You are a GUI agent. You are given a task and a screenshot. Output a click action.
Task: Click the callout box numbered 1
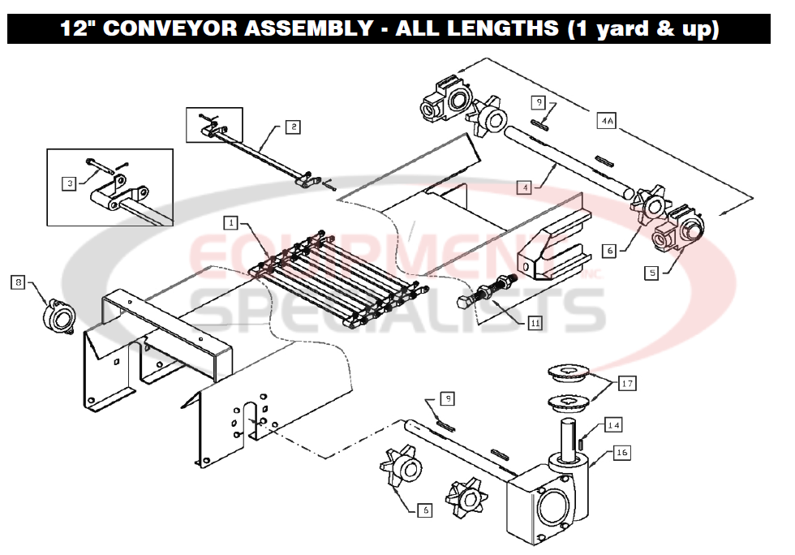pos(231,222)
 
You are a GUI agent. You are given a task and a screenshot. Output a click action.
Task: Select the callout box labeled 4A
pos(606,121)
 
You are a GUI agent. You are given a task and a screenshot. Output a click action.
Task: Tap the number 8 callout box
pos(17,282)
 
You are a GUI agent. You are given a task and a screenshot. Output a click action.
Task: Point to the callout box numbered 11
pos(535,322)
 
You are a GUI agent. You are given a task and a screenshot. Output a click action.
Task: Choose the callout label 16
pos(621,453)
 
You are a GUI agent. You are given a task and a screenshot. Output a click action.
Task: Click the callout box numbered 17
pos(627,384)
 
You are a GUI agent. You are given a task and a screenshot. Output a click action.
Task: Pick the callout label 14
pos(614,425)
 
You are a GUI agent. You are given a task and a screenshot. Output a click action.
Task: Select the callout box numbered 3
pos(71,183)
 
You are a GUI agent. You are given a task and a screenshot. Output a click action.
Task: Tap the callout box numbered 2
pos(292,127)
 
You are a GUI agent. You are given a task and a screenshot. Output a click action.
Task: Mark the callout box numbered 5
pos(651,273)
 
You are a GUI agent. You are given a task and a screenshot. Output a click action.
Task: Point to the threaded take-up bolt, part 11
pos(487,294)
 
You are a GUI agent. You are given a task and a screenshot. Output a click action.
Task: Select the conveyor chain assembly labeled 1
pos(341,280)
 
